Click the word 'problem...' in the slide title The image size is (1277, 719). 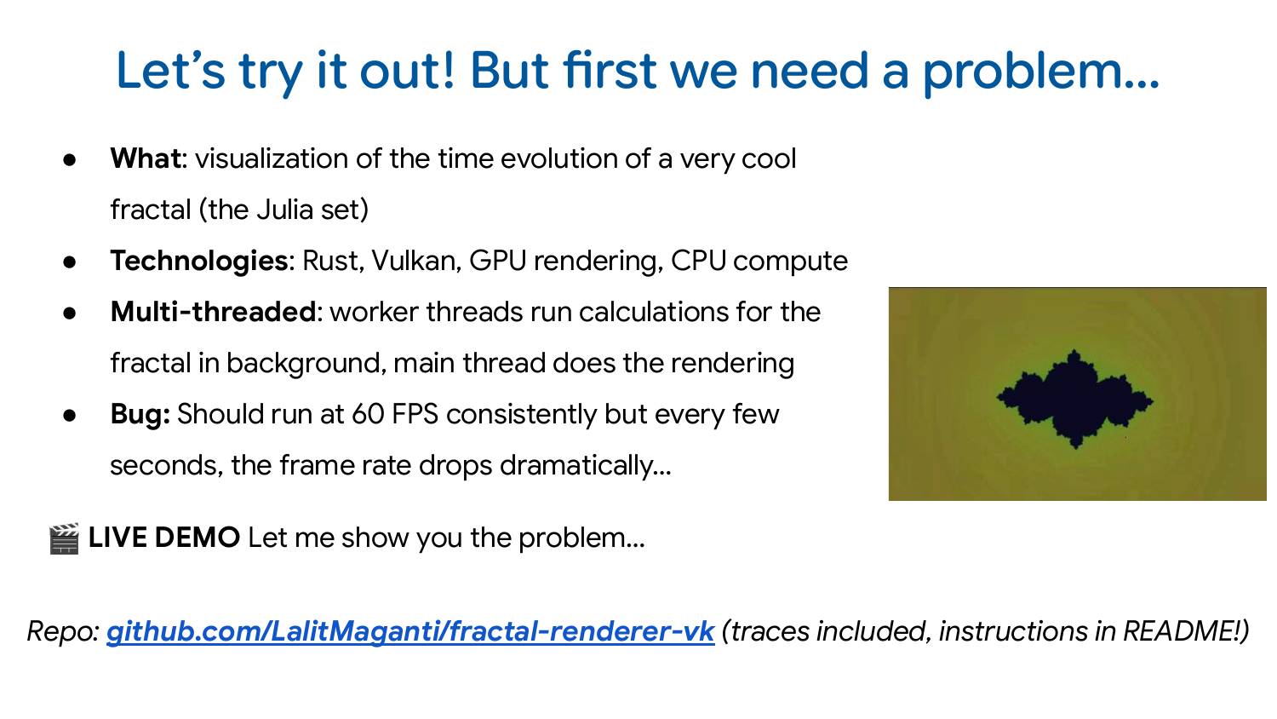(1040, 72)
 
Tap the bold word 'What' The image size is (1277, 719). (146, 159)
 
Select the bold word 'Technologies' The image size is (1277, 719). (198, 262)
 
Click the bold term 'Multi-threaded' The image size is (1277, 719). (213, 312)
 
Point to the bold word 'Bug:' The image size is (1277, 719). (140, 415)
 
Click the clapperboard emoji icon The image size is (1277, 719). (64, 538)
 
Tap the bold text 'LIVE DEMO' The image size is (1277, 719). (164, 538)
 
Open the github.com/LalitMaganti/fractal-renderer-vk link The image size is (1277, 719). (409, 631)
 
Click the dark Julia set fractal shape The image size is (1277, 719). (1074, 398)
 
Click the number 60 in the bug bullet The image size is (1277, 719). (368, 415)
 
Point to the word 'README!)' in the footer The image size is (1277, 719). (1186, 631)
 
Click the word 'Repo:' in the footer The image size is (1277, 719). (64, 631)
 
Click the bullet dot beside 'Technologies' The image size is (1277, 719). (70, 262)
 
